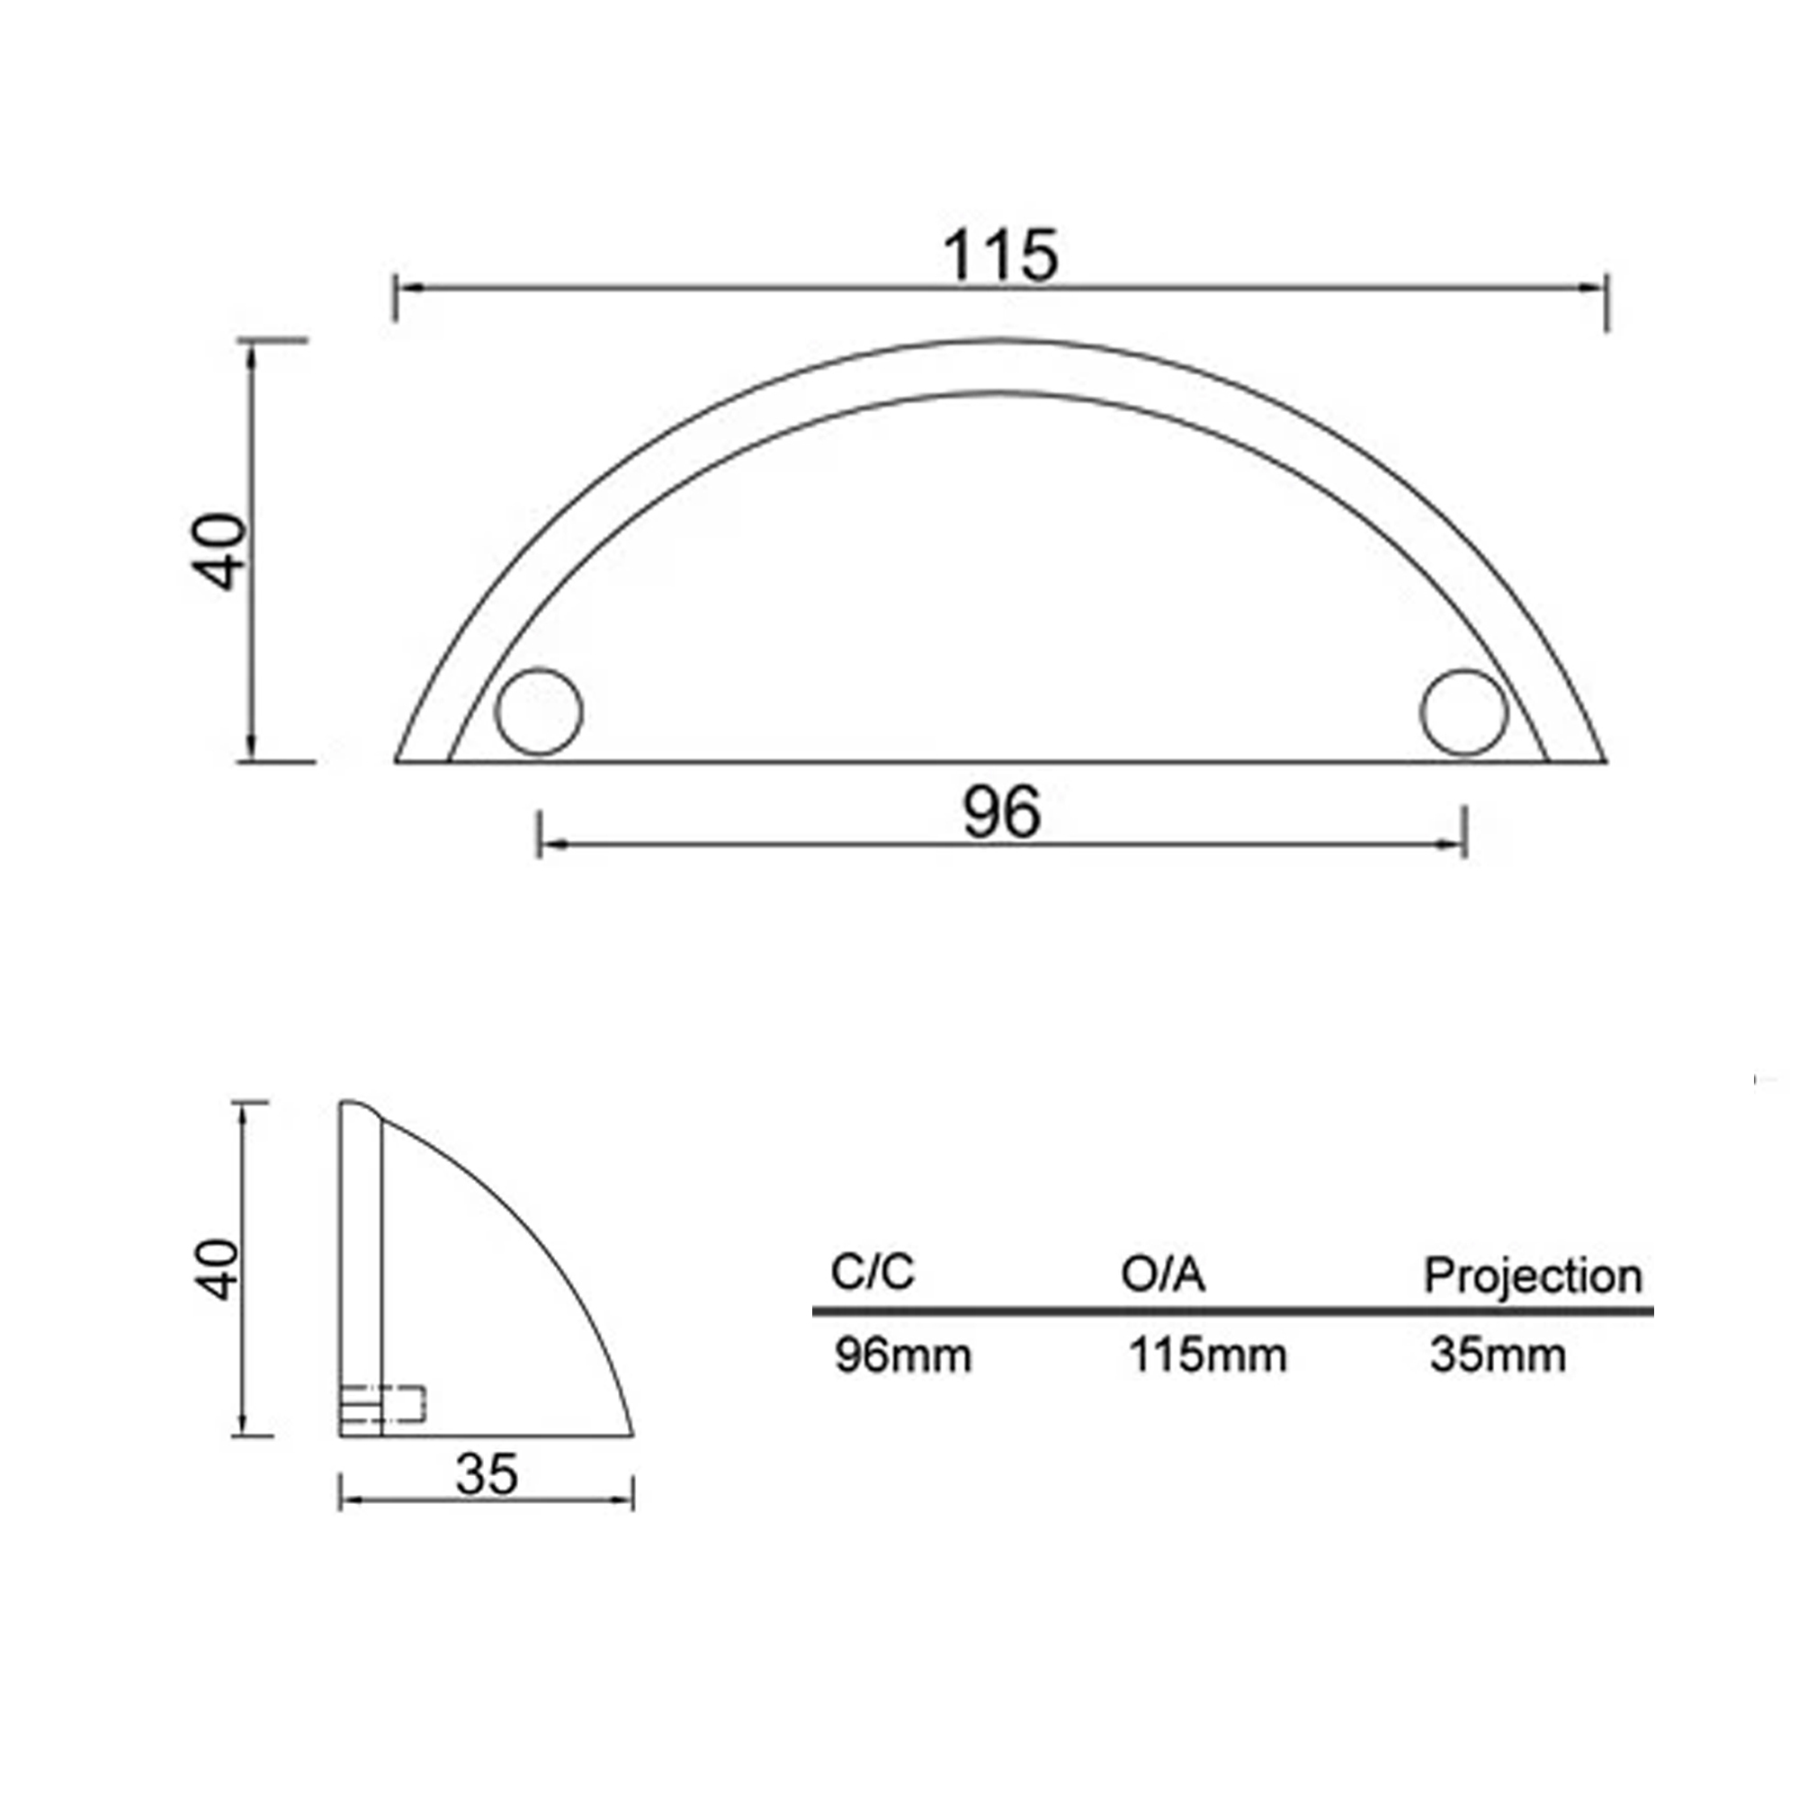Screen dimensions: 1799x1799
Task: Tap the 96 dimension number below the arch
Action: tap(1001, 813)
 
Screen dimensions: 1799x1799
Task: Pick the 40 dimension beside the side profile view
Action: tap(217, 1269)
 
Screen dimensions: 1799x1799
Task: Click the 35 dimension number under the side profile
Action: tap(487, 1474)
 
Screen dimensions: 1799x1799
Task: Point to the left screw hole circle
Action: tap(538, 712)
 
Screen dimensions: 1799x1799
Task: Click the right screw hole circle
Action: tap(1463, 712)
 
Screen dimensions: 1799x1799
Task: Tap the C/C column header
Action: tap(873, 1272)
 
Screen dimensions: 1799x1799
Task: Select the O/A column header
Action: tap(1163, 1274)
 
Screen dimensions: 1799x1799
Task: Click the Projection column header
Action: tap(1533, 1276)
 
